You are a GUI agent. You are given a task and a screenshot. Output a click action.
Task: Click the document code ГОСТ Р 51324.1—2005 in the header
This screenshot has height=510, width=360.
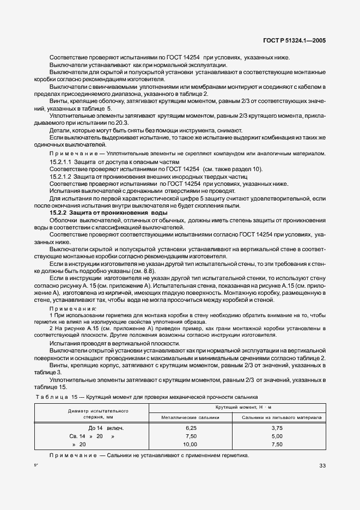294,40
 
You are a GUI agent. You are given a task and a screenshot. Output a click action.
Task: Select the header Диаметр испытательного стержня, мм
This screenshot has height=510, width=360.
98,412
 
